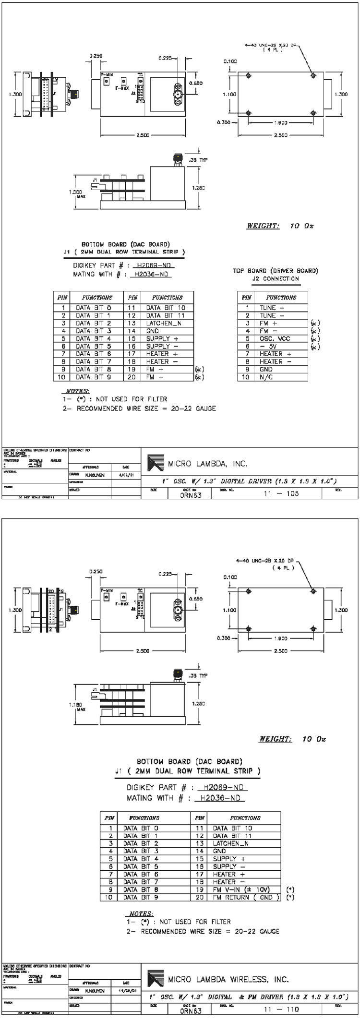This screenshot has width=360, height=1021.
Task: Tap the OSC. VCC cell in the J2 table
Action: pos(275,338)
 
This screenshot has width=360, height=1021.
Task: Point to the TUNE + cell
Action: pos(272,308)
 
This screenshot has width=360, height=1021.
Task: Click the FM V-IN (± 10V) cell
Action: pos(241,889)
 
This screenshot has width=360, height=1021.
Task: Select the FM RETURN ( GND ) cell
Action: pos(244,897)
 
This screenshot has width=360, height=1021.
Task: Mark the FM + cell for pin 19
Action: pos(155,369)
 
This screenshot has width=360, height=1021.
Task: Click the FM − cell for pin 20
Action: pos(155,377)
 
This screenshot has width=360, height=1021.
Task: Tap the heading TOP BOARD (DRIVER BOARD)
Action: pos(275,271)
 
